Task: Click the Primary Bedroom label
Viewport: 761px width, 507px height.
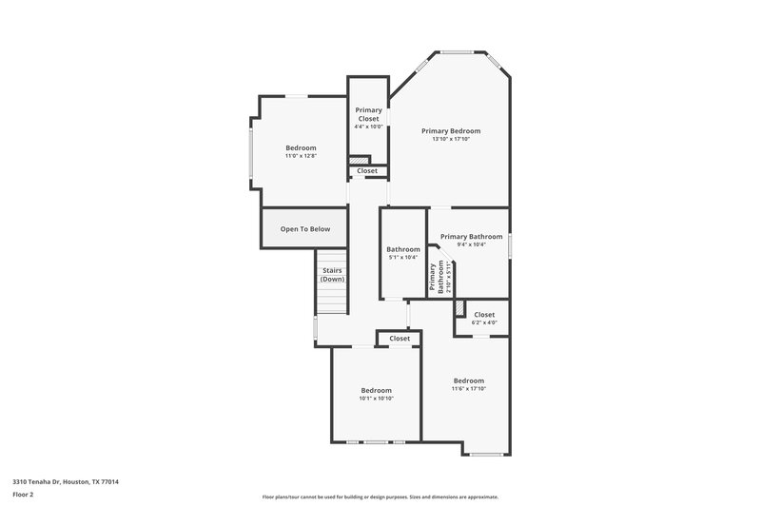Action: (451, 130)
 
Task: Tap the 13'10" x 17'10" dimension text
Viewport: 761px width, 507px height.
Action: (451, 139)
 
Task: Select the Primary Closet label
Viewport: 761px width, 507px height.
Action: (368, 114)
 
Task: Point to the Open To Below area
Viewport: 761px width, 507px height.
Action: (304, 228)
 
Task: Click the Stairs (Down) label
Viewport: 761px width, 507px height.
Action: (332, 274)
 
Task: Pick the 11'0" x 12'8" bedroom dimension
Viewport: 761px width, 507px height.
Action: (301, 156)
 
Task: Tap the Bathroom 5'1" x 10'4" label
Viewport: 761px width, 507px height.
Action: (403, 249)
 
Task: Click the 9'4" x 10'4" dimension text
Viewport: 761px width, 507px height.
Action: (471, 244)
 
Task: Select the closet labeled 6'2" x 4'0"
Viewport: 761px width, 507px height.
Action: (484, 315)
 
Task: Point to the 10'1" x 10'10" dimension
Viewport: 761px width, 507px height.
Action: (376, 399)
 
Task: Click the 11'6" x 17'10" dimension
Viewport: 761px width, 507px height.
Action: (468, 388)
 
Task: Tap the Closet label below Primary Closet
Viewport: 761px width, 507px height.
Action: (367, 171)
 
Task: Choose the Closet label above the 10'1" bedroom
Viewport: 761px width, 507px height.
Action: (400, 338)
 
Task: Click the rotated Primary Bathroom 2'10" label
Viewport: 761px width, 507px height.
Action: (437, 275)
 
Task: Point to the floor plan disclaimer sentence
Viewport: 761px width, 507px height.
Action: (380, 497)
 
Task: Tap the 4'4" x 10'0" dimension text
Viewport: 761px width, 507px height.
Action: (368, 127)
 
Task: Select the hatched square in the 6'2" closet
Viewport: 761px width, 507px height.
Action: (459, 309)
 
